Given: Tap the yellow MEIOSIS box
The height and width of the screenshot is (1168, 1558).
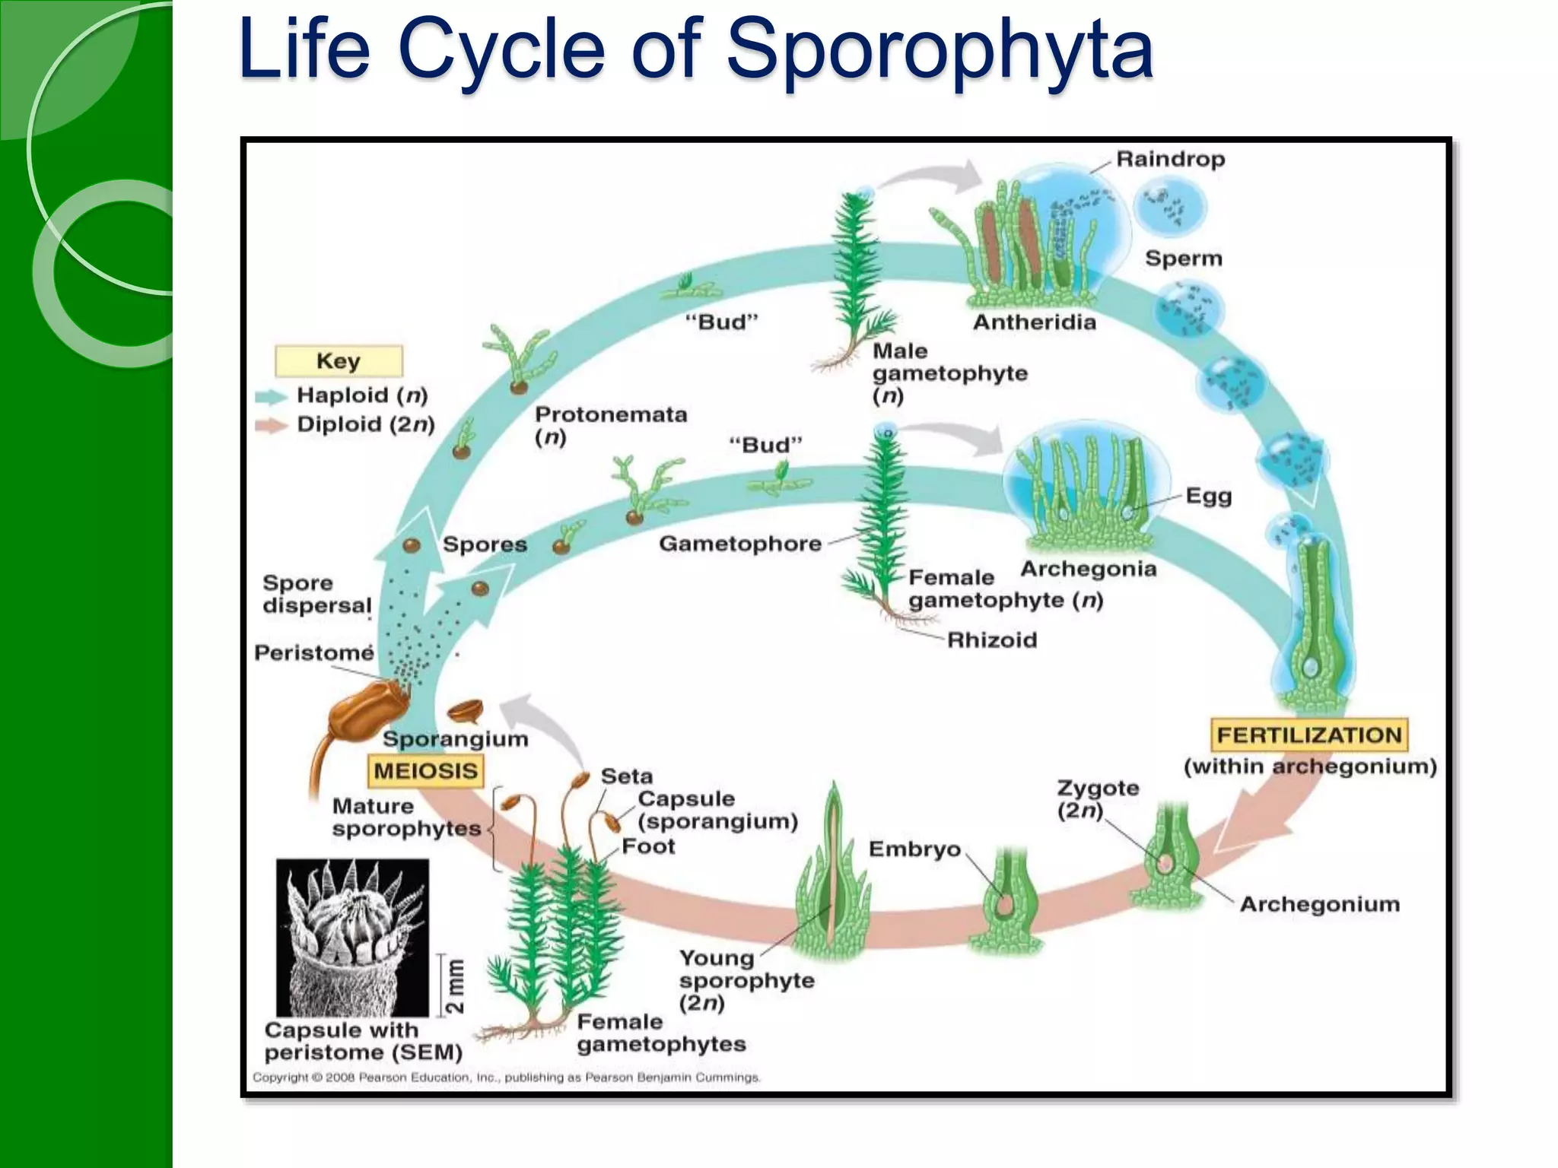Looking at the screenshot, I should point(425,771).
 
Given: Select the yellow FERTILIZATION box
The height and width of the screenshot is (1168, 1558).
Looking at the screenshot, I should point(1308,735).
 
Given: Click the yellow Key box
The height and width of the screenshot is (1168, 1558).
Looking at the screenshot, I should point(339,361).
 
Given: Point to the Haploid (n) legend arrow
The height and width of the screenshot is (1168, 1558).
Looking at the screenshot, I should point(270,396).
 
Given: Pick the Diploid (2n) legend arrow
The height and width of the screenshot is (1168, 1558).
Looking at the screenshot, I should point(270,425).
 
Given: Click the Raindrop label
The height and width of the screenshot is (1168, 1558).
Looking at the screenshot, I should point(1170,159).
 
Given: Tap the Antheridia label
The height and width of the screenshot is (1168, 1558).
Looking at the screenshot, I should point(1035,322).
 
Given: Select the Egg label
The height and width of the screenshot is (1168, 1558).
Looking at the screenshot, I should point(1208,496).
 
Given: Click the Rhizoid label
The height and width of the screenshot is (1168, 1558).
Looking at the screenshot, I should point(991,640).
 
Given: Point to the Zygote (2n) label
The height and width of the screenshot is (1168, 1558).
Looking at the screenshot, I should point(1097,798).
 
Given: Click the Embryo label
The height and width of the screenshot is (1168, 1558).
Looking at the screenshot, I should point(914,849).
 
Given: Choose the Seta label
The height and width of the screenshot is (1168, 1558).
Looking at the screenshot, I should point(626,776).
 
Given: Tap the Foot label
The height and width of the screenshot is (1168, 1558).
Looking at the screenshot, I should point(648,846).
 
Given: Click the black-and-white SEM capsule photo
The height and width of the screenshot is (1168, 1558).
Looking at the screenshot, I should point(352,938).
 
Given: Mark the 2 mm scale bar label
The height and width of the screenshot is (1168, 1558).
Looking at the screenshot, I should point(454,985).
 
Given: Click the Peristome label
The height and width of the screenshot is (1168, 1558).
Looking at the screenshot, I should point(313,652).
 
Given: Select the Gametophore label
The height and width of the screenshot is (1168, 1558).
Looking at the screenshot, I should point(739,544).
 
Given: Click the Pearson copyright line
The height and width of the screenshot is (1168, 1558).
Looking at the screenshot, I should point(506,1078).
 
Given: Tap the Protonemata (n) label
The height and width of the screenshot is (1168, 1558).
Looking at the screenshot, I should point(610,425).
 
